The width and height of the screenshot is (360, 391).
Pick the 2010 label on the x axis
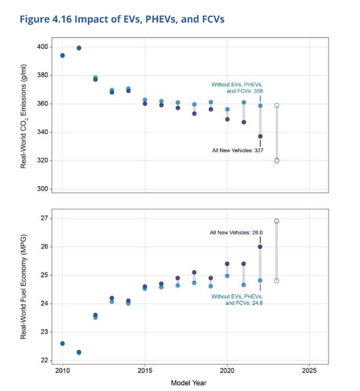pyautogui.click(x=63, y=371)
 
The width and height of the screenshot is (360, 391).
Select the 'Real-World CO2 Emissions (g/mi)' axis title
pyautogui.click(x=23, y=115)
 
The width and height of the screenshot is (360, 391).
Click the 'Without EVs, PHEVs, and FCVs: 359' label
pyautogui.click(x=236, y=89)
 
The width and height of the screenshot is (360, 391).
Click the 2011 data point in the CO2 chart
pyautogui.click(x=79, y=48)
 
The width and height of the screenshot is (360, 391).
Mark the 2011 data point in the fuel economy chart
pyautogui.click(x=79, y=352)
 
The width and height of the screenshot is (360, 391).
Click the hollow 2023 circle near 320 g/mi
pyautogui.click(x=277, y=160)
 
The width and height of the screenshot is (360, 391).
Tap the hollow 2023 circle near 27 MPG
pyautogui.click(x=277, y=221)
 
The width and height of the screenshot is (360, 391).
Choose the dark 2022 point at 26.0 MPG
pyautogui.click(x=260, y=247)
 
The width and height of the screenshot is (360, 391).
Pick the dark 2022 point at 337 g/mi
pyautogui.click(x=260, y=136)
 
